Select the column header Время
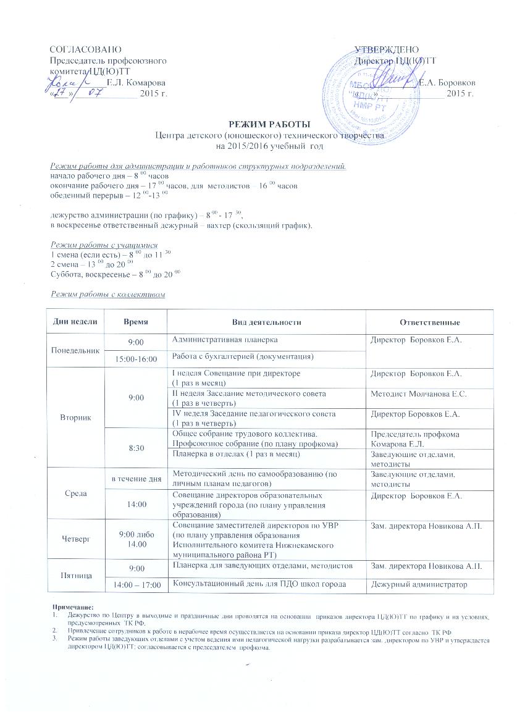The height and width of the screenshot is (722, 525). (x=135, y=322)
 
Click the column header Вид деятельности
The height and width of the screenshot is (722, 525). (x=266, y=322)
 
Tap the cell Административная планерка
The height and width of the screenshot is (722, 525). (x=225, y=340)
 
